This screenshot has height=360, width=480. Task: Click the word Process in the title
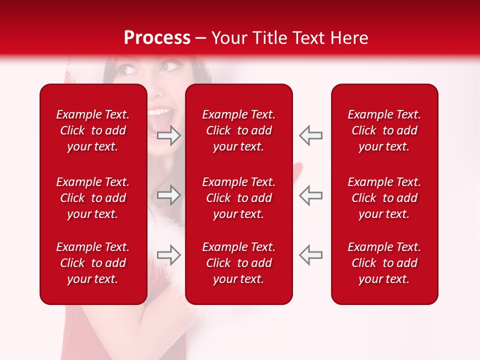(156, 37)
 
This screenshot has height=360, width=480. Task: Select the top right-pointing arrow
(168, 135)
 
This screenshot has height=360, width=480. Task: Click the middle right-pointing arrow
(168, 195)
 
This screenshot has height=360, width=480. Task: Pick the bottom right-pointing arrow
(168, 254)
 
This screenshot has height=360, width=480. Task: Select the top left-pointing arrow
(311, 135)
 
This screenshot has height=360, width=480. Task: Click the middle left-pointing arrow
(311, 195)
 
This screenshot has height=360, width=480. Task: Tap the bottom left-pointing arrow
(311, 254)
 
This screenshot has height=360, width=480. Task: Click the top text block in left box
(93, 130)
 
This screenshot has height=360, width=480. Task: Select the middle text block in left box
(93, 198)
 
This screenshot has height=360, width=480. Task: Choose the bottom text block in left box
(93, 263)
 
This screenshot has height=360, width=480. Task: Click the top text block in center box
(239, 130)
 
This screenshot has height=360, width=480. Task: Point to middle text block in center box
(239, 198)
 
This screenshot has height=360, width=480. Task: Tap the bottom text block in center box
(239, 263)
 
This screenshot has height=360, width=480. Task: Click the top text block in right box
(384, 130)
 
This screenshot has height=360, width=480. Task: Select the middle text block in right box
(384, 198)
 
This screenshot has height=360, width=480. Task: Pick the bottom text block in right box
(384, 263)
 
